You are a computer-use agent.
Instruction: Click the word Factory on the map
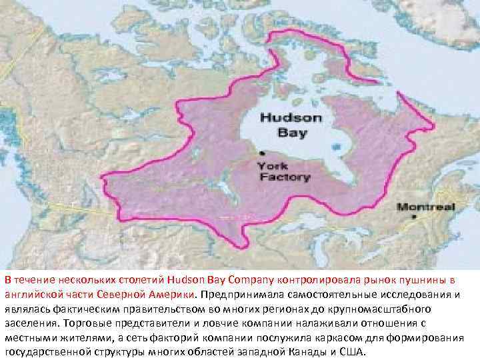[284, 177]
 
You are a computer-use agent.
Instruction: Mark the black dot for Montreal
[414, 217]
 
